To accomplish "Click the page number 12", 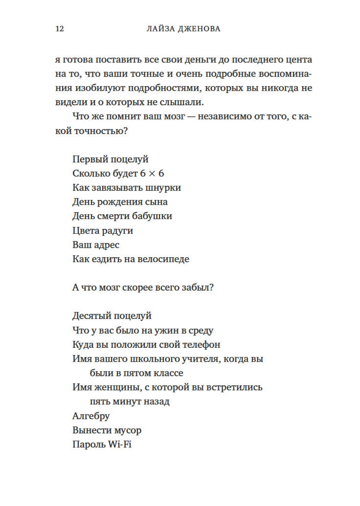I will [60, 29].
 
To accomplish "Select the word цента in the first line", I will [298, 59].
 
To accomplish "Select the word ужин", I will [166, 330].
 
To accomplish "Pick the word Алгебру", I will [91, 416].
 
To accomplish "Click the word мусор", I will [129, 430].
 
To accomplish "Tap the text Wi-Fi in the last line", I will [120, 444].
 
